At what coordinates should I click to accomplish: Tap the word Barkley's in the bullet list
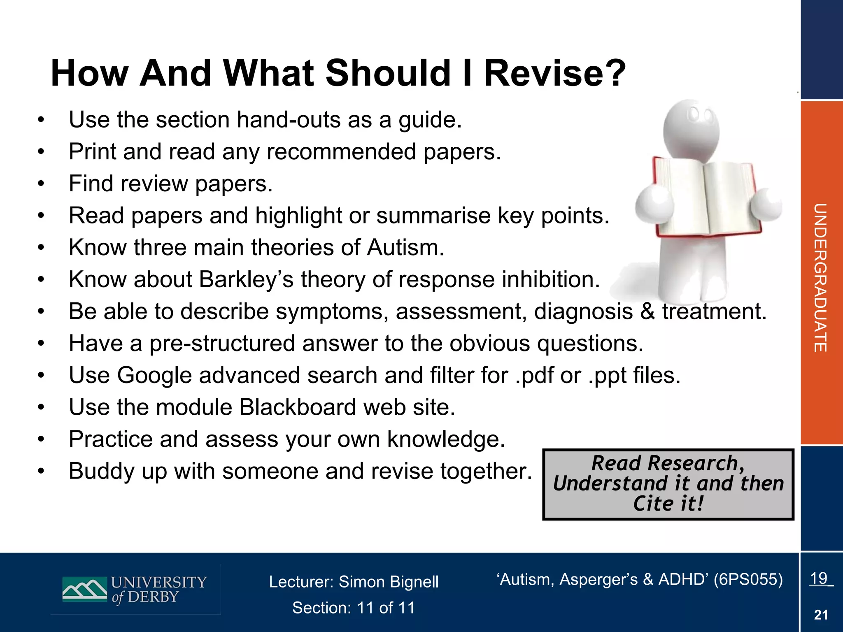pyautogui.click(x=246, y=279)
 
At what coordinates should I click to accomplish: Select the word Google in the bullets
pyautogui.click(x=154, y=375)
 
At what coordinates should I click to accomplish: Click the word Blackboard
pyautogui.click(x=298, y=407)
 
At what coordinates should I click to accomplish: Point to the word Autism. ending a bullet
pyautogui.click(x=405, y=248)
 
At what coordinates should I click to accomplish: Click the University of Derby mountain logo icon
pyautogui.click(x=84, y=589)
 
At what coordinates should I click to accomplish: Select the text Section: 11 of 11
pyautogui.click(x=354, y=608)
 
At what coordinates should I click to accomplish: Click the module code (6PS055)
pyautogui.click(x=748, y=579)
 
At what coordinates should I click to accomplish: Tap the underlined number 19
pyautogui.click(x=819, y=578)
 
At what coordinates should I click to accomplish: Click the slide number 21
pyautogui.click(x=821, y=615)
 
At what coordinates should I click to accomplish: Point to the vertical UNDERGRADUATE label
pyautogui.click(x=820, y=278)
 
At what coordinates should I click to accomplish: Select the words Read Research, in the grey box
pyautogui.click(x=668, y=463)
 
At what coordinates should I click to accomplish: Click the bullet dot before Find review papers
pyautogui.click(x=40, y=184)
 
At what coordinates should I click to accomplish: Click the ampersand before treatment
pyautogui.click(x=647, y=311)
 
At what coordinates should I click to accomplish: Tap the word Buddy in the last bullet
pyautogui.click(x=101, y=471)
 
